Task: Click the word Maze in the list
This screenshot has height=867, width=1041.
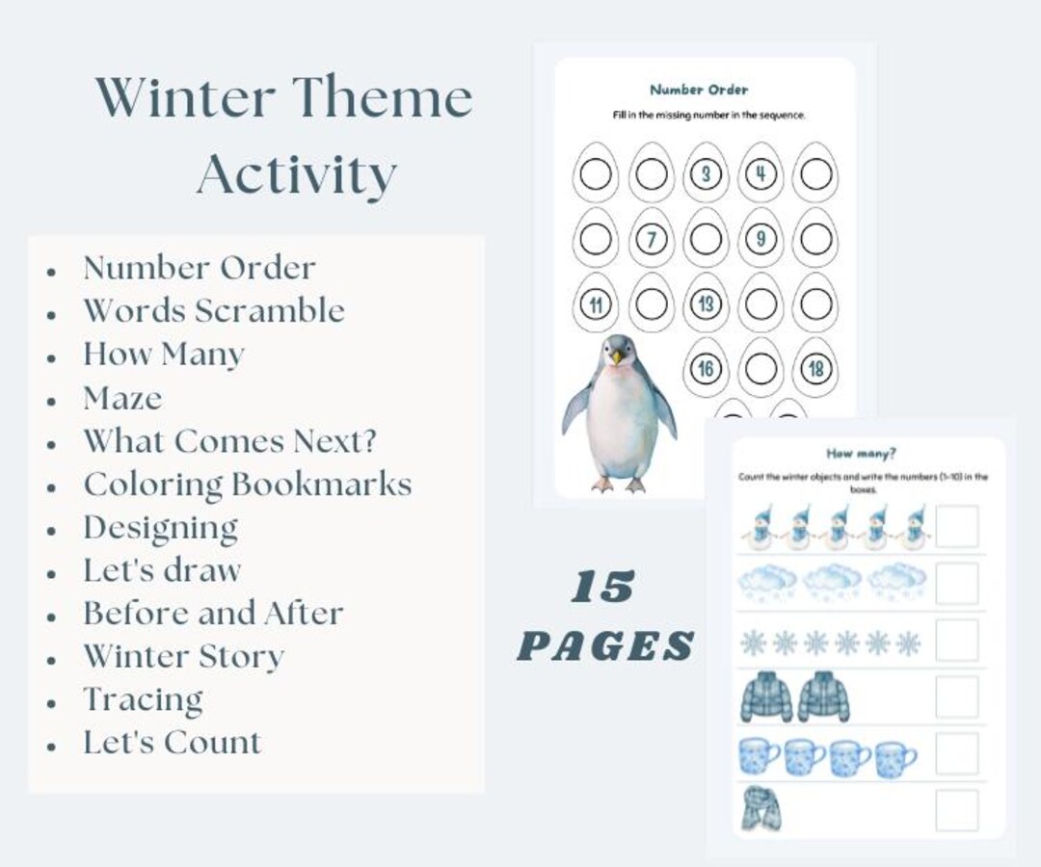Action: [122, 398]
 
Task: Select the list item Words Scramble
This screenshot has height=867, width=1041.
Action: [213, 311]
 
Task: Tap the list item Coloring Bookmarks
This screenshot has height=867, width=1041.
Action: [247, 484]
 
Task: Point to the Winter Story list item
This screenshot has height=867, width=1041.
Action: [183, 657]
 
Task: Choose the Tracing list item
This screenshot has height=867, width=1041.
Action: [143, 699]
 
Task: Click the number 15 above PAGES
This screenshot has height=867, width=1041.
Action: [603, 588]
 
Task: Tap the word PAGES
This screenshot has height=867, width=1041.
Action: [605, 645]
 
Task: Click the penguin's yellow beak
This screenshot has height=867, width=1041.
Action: [615, 356]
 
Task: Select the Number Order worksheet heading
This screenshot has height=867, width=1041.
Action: [698, 90]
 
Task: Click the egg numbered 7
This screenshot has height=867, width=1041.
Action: [652, 238]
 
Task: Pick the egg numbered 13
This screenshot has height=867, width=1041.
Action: [707, 303]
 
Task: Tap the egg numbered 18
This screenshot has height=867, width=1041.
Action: [815, 368]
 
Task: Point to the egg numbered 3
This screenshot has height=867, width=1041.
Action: [707, 174]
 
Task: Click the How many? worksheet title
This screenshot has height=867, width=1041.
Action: [860, 454]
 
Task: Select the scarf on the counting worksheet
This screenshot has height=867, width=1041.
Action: [761, 809]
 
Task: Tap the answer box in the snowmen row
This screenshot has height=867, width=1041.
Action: [956, 526]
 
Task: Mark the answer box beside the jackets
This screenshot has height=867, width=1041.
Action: [956, 696]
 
